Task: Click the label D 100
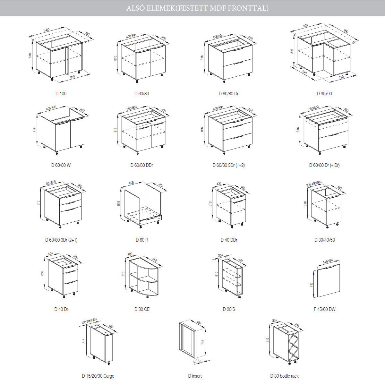61,93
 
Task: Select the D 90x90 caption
324,93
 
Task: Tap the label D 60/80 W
61,165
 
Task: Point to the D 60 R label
142,240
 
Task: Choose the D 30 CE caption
142,309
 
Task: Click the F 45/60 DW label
324,309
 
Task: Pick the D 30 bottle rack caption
284,376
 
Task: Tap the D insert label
195,376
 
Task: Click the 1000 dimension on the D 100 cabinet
46,30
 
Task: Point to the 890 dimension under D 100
72,77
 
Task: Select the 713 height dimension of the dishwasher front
312,285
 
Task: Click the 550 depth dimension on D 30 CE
155,260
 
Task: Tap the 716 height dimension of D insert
203,342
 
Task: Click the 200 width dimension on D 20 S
220,255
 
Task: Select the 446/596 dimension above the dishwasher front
328,261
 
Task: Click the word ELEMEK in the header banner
161,8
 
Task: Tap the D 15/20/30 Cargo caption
98,376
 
